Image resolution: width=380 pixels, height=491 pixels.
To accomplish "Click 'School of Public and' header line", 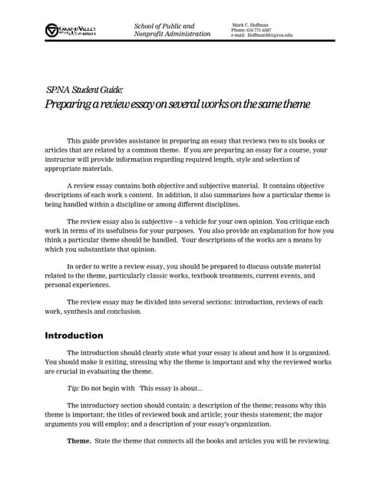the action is (x=164, y=26).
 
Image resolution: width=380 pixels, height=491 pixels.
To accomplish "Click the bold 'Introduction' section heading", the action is (x=74, y=335).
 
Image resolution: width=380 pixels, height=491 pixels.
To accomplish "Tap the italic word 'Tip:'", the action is (x=74, y=388).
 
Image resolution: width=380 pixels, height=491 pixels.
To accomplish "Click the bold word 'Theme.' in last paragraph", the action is (x=78, y=441).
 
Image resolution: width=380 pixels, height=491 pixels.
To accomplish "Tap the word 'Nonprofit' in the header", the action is (x=150, y=35).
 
